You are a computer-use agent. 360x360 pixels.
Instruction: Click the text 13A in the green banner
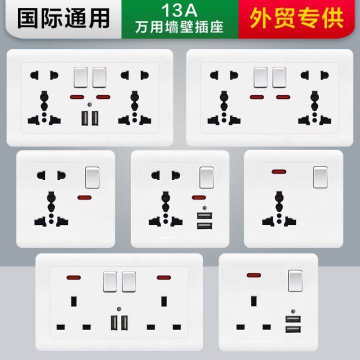tap(179, 10)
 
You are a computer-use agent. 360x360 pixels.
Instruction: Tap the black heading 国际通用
tap(63, 18)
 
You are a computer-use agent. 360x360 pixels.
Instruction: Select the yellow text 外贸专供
tap(296, 18)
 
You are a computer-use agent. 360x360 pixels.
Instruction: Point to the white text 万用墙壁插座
tap(179, 27)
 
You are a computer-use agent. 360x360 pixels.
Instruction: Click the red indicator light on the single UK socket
tap(253, 275)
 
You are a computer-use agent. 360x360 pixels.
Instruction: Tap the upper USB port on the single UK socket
tap(293, 319)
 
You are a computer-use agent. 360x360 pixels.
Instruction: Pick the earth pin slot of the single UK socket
tap(253, 301)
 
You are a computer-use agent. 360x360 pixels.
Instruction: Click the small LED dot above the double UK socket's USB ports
tap(119, 309)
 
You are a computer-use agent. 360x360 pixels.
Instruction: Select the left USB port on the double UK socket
tap(114, 323)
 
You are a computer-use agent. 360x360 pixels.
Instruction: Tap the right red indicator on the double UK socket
tap(163, 277)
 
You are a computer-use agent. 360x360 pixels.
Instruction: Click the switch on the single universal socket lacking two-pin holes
tap(320, 177)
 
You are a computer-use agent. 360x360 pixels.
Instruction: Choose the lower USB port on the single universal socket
tap(204, 226)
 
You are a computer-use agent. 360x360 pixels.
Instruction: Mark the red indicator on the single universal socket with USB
tap(199, 197)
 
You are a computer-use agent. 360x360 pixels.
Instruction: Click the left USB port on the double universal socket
tap(84, 118)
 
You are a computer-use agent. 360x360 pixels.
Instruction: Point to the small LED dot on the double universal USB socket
tap(89, 104)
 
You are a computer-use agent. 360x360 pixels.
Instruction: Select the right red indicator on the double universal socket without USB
tap(283, 97)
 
